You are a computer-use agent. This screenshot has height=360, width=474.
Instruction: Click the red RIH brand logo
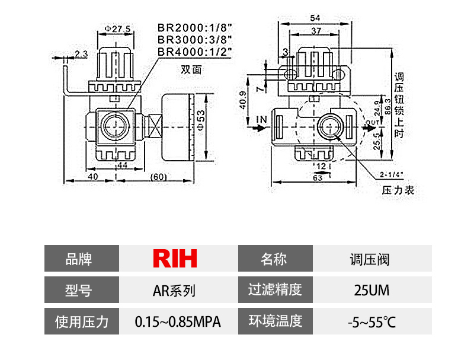click(x=175, y=259)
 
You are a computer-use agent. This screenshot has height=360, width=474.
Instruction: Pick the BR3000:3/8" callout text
click(x=194, y=40)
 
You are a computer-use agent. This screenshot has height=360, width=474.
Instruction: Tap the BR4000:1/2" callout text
click(x=194, y=52)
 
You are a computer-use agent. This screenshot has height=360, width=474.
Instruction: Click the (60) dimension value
click(x=158, y=177)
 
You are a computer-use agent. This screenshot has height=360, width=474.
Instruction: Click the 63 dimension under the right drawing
click(x=317, y=177)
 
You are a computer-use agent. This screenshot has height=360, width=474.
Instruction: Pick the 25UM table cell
click(x=371, y=291)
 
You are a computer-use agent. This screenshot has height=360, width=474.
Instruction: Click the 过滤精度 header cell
click(x=274, y=291)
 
